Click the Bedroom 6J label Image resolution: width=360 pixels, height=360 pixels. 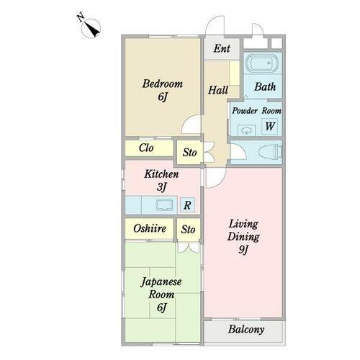[x=162, y=90]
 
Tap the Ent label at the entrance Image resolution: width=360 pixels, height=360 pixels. [x=222, y=50]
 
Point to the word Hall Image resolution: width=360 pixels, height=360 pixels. [x=218, y=91]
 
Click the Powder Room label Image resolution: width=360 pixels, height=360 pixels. [x=256, y=110]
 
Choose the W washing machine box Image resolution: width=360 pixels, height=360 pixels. [x=270, y=127]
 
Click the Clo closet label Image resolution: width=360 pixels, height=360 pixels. [x=146, y=148]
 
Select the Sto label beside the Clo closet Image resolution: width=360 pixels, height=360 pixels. [x=189, y=153]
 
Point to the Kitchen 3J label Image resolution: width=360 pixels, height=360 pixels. [x=161, y=180]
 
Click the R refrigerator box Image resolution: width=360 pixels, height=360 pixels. [x=186, y=205]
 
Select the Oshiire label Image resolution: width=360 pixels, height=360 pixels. [x=150, y=229]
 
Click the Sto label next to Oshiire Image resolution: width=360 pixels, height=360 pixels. [x=188, y=230]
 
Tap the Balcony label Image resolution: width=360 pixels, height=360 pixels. [x=246, y=330]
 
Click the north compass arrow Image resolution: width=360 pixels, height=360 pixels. [x=92, y=28]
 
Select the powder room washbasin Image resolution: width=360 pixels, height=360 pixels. [x=247, y=130]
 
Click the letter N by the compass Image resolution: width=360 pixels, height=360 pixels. [x=79, y=16]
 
